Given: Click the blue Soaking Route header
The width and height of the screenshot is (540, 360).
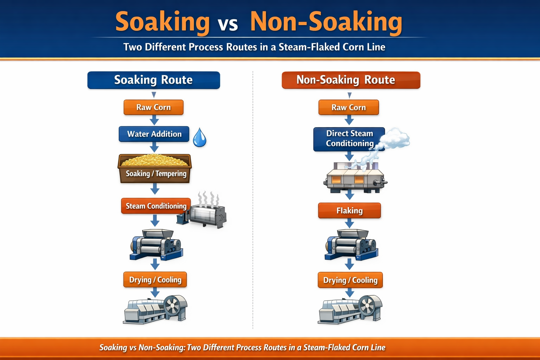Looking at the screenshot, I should tap(154, 80).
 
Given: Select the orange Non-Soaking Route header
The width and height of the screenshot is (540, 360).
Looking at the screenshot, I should tap(351, 80).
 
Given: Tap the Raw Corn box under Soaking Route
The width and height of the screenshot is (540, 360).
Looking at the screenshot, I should tap(154, 107).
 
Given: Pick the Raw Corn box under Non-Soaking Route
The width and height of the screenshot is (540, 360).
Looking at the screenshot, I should tap(348, 107).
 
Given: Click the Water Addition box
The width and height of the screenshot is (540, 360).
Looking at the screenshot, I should tap(154, 134).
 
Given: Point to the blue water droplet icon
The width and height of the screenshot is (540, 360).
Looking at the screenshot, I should tap(199, 138).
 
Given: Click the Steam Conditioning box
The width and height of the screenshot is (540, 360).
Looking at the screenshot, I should tap(156, 206).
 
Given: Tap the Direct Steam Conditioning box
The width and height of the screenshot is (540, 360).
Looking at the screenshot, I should tap(349, 139).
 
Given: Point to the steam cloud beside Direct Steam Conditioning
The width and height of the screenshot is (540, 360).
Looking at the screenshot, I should tap(395, 138).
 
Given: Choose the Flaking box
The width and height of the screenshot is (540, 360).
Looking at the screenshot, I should tap(349, 211).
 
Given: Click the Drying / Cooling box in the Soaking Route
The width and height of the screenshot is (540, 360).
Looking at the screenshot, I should tap(155, 280).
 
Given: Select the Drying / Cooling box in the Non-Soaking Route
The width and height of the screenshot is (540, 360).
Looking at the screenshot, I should tap(350, 280).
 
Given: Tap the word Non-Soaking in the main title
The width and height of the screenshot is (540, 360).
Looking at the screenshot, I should tap(326, 22).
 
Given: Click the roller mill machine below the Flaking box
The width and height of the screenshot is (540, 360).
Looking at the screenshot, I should tap(351, 245).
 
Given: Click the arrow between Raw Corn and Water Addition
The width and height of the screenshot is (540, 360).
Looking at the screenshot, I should tap(154, 121).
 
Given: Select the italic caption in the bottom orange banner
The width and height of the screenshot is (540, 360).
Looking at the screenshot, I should tap(242, 348).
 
